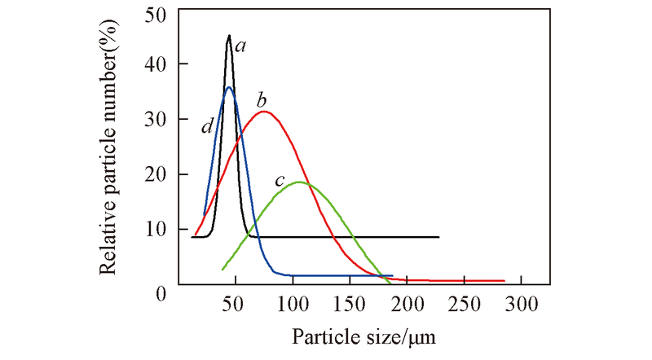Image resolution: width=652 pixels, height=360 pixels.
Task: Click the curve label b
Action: click(x=262, y=100)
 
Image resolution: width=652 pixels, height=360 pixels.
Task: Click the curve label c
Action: click(x=279, y=181)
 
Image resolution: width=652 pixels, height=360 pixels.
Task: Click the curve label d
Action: click(x=208, y=126)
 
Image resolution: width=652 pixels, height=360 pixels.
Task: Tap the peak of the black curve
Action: click(x=230, y=35)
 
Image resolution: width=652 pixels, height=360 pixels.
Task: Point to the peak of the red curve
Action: click(x=264, y=112)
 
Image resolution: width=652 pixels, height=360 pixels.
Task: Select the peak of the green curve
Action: click(x=300, y=182)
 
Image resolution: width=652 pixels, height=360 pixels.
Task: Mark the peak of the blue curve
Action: click(x=229, y=87)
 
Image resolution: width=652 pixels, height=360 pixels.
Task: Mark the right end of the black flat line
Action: click(x=439, y=237)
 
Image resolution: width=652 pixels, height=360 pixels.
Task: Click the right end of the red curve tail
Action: click(x=504, y=281)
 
